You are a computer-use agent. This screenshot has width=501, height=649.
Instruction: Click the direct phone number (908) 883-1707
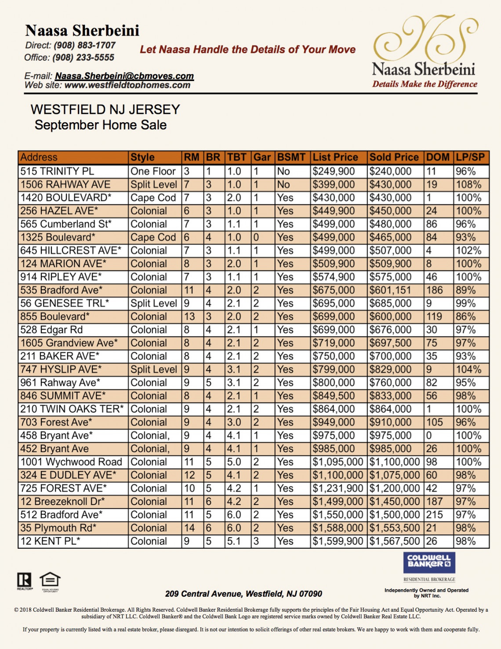(84, 45)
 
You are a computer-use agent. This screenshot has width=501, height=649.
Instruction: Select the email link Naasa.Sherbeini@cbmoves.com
(124, 76)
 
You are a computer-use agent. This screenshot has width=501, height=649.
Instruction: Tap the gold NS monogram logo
(425, 38)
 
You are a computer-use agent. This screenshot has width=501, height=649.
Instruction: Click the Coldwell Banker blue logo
(429, 563)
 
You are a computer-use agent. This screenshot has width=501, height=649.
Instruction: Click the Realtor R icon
(24, 580)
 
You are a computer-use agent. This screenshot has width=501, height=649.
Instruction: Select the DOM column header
(438, 158)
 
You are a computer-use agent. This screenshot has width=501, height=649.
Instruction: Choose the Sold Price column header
(394, 158)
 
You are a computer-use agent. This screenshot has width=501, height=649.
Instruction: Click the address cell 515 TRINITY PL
(57, 171)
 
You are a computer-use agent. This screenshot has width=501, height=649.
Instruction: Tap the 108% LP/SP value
(468, 184)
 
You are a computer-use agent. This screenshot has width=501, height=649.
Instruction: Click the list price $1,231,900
(338, 488)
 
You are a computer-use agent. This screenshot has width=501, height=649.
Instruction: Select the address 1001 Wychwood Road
(71, 462)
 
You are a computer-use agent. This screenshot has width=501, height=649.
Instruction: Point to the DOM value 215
(435, 515)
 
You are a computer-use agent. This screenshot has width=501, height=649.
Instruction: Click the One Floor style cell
(153, 171)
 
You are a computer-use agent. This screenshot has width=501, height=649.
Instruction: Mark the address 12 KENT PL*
(50, 541)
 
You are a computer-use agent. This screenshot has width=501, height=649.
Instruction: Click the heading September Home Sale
(101, 125)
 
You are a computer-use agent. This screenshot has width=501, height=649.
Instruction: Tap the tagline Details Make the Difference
(425, 84)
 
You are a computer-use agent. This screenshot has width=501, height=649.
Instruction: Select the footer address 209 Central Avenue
(243, 594)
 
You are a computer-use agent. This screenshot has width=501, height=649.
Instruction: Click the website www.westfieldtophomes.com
(127, 85)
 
